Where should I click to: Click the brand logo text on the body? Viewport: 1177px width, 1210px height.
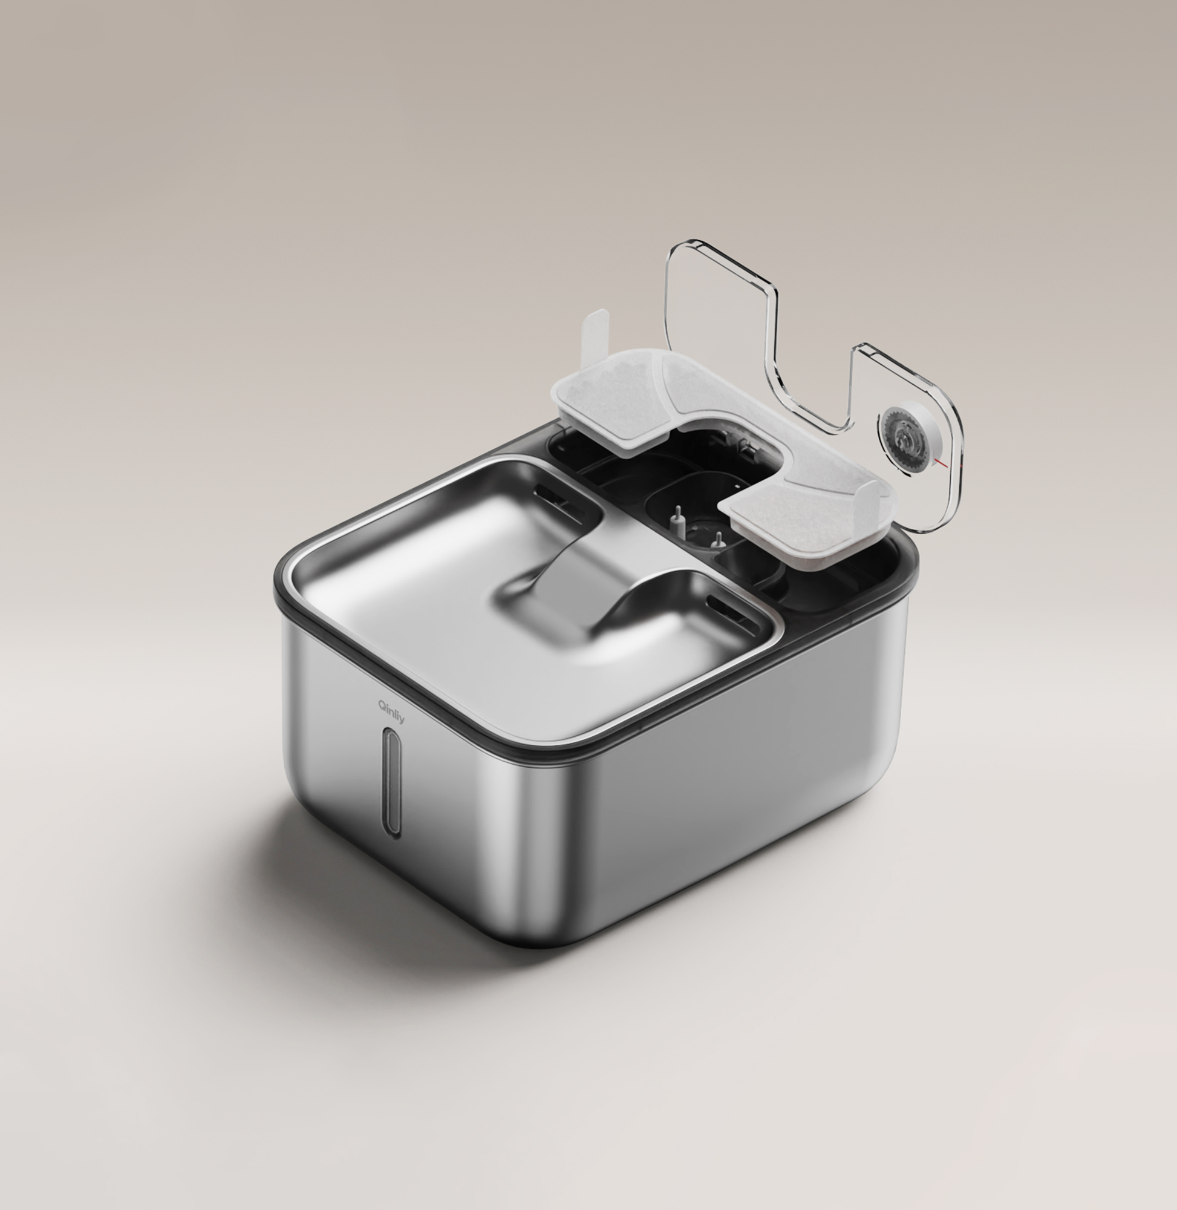point(391,711)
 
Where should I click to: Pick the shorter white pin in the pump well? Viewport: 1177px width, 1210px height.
point(717,539)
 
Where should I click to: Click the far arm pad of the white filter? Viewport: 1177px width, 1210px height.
point(609,402)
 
